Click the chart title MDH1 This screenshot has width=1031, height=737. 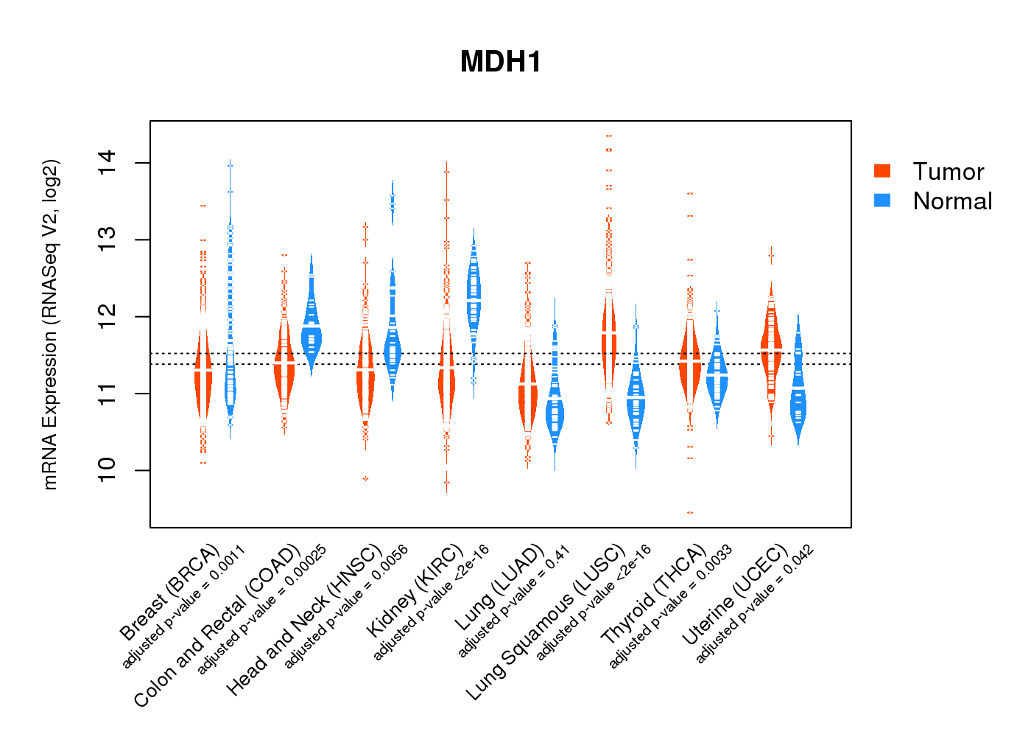[501, 62]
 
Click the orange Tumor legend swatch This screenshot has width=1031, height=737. [882, 171]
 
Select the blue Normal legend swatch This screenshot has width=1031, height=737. [882, 200]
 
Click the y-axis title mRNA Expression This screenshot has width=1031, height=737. [50, 324]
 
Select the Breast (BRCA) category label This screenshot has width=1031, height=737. [170, 593]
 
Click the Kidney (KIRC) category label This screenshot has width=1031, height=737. [415, 591]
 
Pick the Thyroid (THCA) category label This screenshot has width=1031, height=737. [654, 595]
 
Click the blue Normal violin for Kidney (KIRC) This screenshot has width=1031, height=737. [474, 295]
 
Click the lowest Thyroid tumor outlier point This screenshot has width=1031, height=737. [690, 512]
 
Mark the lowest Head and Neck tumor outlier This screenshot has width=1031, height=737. [365, 479]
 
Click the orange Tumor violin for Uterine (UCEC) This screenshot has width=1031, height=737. [771, 346]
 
